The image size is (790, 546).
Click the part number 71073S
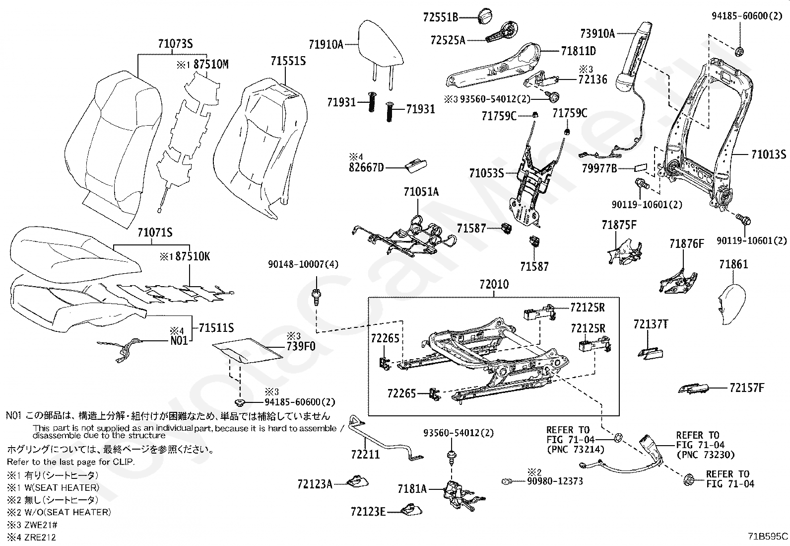(175, 44)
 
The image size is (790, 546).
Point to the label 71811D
(579, 51)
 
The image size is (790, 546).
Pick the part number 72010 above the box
(494, 284)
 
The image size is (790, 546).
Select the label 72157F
(747, 388)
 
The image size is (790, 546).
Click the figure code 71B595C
(768, 537)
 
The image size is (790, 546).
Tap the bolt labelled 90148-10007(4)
(317, 297)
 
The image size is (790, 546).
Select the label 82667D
(366, 167)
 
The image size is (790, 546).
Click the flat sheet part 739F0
(248, 351)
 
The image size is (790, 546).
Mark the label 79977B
(599, 168)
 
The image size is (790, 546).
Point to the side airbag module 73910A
(634, 57)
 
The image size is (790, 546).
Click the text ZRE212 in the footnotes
(40, 537)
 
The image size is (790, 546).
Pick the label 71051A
(421, 192)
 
